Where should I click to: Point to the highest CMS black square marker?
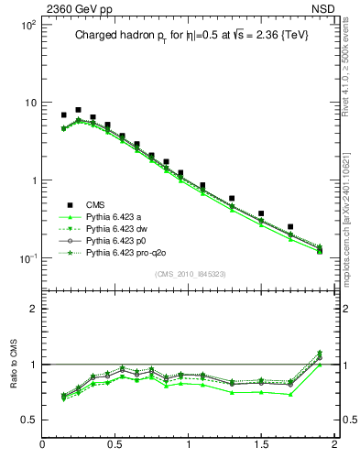[x=78, y=110]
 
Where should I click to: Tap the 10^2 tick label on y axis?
[x=27, y=25]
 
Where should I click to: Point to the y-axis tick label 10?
[x=29, y=103]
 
